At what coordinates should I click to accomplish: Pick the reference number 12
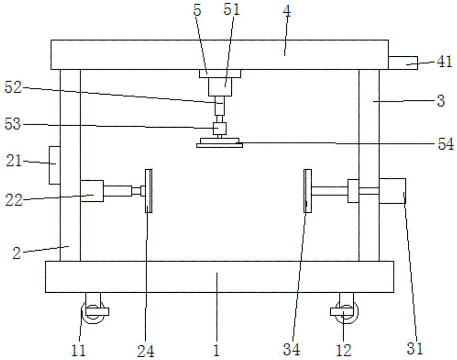point(344,350)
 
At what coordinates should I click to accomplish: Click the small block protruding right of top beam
point(403,62)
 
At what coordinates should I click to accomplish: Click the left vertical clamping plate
point(148,190)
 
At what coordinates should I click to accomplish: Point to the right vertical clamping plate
point(308,190)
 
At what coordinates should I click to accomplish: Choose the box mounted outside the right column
point(392,190)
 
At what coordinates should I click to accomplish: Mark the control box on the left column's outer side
point(54,165)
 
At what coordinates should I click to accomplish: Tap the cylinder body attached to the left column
point(92,190)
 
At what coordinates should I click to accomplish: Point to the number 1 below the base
point(217,350)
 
